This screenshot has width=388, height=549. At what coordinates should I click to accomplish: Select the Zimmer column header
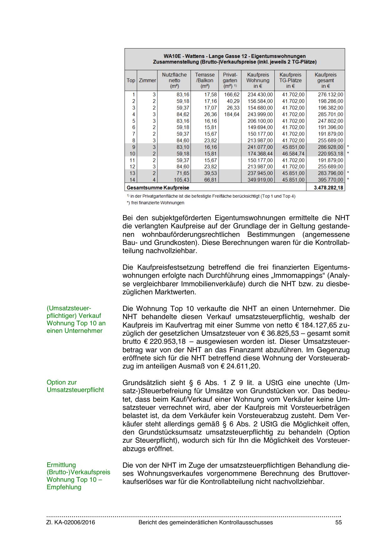[147, 80]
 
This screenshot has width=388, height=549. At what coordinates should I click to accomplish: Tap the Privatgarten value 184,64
[232, 114]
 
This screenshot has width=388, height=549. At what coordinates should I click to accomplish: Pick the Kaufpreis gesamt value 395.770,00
[330, 180]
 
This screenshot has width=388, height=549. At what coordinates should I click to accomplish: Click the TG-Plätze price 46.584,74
[293, 154]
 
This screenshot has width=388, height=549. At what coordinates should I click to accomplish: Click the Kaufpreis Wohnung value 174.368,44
[260, 154]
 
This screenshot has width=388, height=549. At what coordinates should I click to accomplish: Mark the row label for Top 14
[132, 180]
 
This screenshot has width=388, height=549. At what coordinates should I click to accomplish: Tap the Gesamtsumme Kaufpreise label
[158, 188]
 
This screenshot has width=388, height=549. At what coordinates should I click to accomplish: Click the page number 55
[338, 522]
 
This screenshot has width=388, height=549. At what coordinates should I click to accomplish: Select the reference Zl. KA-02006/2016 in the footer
[71, 522]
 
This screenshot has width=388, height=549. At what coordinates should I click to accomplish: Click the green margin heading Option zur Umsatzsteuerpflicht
[75, 386]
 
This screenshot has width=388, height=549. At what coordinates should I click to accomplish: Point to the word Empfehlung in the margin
[64, 487]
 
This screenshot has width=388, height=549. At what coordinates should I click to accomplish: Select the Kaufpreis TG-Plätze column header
[290, 80]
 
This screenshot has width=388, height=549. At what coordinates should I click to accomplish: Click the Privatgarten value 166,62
[232, 94]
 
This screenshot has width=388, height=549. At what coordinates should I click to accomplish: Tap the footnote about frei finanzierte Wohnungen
[156, 203]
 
